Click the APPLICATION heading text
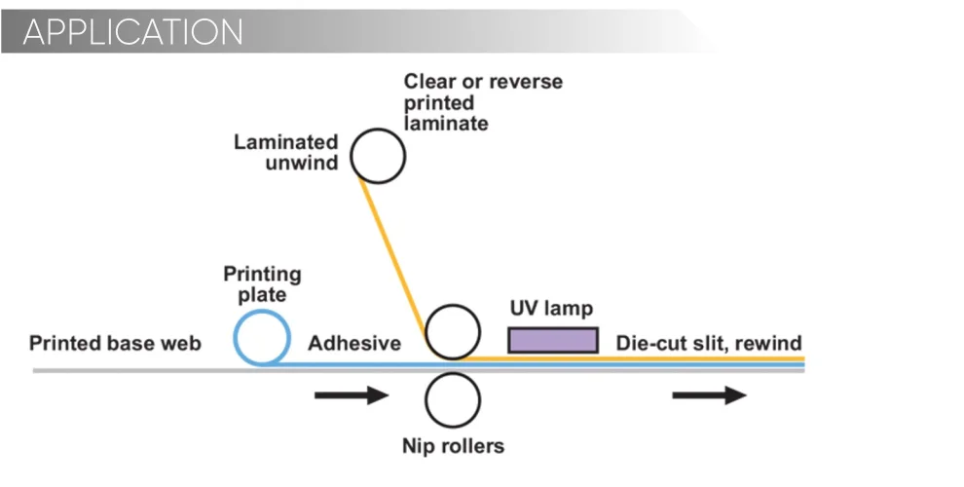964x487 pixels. pos(132,32)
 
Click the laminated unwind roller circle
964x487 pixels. pos(377,156)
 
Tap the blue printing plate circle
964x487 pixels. pos(262,337)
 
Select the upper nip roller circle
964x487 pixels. pos(453,331)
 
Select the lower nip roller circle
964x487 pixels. pos(453,399)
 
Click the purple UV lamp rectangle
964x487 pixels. pos(552,339)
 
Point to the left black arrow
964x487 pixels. pos(352,395)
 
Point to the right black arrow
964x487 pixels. pos(709,395)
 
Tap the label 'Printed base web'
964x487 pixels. pos(115,343)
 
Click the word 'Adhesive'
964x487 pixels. pos(354,343)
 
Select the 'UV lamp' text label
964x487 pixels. pos(551,310)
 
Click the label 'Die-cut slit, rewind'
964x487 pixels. pos(709,343)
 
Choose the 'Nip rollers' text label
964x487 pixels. pos(454,447)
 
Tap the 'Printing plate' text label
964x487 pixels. pos(262,283)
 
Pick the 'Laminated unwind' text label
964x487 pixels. pos(286,152)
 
